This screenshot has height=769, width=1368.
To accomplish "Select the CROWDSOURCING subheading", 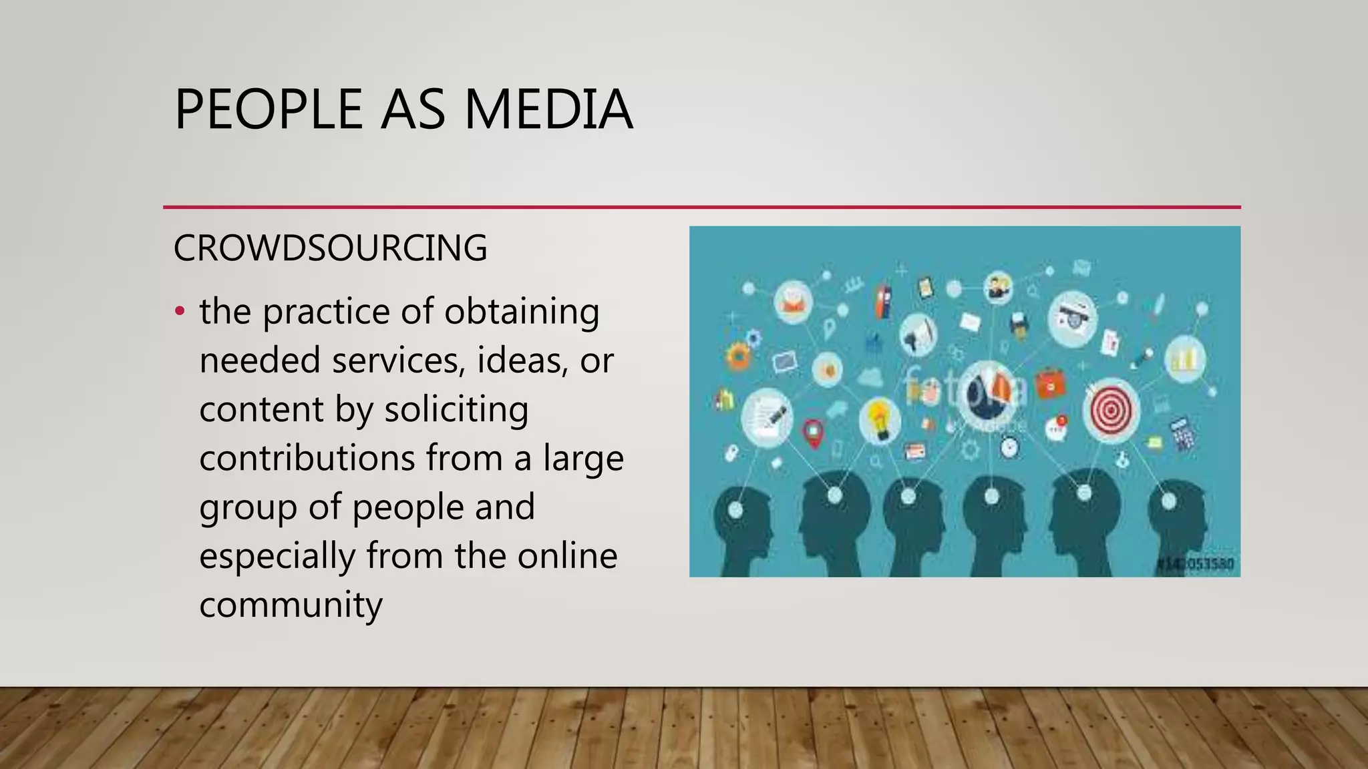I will (330, 248).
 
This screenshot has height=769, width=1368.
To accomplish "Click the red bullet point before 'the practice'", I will (179, 311).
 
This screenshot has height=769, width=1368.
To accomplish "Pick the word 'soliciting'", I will (456, 409).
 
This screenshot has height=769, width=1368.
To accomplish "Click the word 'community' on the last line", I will (291, 605).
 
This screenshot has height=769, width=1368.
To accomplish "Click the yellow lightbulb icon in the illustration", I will (879, 420).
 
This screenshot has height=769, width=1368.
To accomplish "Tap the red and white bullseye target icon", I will (1111, 409).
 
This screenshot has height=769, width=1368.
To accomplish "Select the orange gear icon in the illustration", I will (738, 355).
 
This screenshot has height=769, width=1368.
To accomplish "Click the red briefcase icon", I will (1050, 384).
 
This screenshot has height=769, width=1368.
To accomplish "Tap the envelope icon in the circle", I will (793, 302).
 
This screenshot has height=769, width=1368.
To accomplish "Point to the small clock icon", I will (1009, 447).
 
